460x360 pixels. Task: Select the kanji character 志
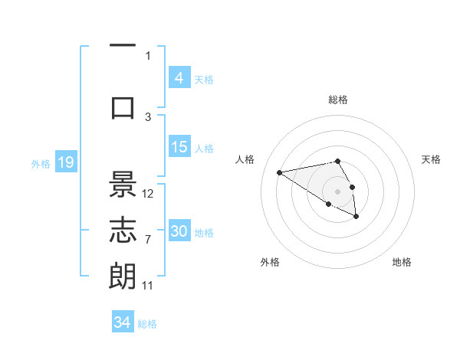coord(123,231)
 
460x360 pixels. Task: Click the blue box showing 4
coord(179,77)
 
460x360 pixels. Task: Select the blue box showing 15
coord(179,147)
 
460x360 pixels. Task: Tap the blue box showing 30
coord(179,231)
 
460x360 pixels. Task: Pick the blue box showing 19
coord(65,162)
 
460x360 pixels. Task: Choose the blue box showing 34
coord(123,322)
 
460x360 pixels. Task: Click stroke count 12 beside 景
coord(149,194)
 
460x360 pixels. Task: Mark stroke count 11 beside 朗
coord(148,286)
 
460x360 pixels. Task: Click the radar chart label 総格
coord(338,100)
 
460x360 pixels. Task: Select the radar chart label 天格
coord(432,159)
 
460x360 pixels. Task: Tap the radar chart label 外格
coord(270,262)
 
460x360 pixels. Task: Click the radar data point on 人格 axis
coord(280,172)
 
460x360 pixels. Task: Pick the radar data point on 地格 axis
coord(356,217)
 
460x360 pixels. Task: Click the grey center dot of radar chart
coord(337,191)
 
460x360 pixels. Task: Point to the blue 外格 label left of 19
coord(41,163)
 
